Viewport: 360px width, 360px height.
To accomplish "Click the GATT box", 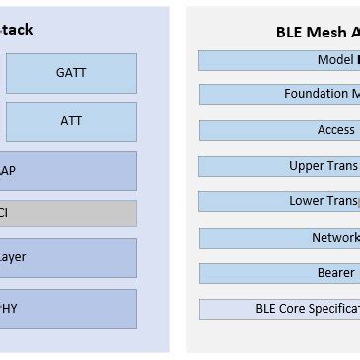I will coord(71,72).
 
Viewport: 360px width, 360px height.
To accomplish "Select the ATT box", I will coord(71,121).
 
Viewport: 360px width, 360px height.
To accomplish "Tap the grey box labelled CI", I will coord(67,212).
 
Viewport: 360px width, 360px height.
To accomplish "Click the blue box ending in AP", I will coord(67,171).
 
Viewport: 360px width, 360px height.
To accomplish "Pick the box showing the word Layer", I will coord(67,257).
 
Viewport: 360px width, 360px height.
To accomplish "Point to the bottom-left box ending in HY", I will coord(67,308).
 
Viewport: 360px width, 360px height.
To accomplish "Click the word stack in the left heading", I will coord(14,30).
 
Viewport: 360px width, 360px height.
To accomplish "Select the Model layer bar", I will coord(279,60).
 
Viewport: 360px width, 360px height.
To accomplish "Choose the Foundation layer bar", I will coord(279,94).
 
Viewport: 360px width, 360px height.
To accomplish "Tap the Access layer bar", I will coord(279,130).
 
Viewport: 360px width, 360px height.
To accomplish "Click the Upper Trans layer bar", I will coord(279,166).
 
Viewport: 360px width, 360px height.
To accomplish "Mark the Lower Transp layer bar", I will coord(279,201).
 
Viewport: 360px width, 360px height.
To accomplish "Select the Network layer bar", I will coord(279,238).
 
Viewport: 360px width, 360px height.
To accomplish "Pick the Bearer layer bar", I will coord(279,272).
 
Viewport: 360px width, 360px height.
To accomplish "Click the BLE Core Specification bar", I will coord(279,308).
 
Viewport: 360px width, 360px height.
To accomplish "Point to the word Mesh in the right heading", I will coord(323,31).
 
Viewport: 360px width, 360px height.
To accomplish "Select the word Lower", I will coord(306,201).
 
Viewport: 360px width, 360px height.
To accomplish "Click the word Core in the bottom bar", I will coord(296,308).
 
